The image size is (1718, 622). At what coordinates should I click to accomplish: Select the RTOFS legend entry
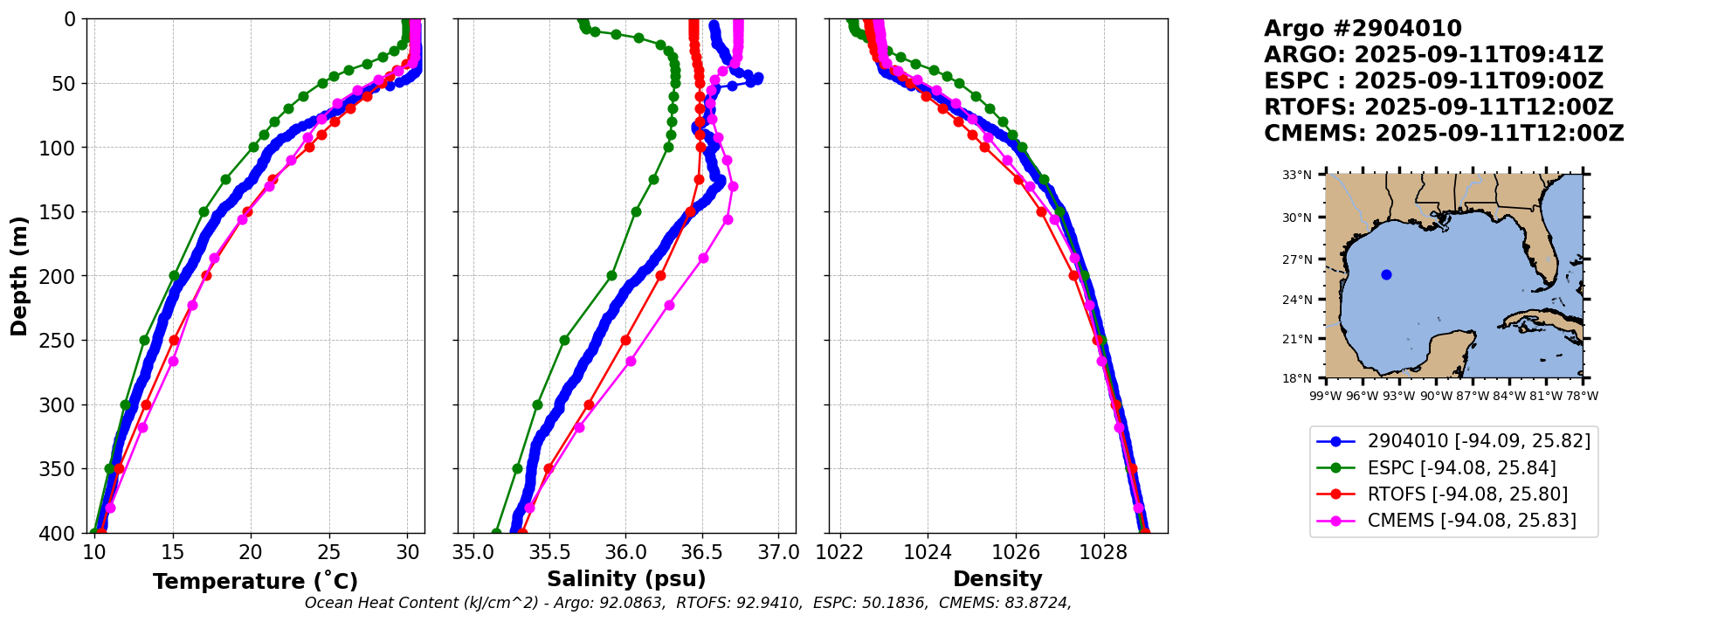click(x=1467, y=494)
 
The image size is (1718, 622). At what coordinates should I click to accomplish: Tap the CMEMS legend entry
click(x=1472, y=521)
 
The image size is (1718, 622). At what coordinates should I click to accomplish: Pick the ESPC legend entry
click(x=1461, y=468)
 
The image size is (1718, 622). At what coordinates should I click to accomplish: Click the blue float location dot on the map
click(x=1386, y=274)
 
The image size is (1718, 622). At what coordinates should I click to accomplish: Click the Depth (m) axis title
click(x=19, y=276)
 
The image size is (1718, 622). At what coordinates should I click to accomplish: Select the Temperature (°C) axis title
click(x=255, y=582)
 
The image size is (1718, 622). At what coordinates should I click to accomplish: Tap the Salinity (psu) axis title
click(x=626, y=579)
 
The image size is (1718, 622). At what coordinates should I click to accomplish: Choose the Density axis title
click(x=997, y=579)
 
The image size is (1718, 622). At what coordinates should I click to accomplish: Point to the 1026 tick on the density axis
click(x=1016, y=553)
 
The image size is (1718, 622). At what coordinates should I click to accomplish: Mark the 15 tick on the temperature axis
click(x=173, y=553)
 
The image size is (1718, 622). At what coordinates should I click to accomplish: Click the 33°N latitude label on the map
click(x=1297, y=175)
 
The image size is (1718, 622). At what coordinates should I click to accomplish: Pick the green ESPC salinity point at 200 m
click(x=611, y=275)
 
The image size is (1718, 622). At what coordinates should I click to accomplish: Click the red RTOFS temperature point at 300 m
click(x=146, y=404)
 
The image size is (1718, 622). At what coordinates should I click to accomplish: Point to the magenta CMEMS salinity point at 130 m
click(x=733, y=186)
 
